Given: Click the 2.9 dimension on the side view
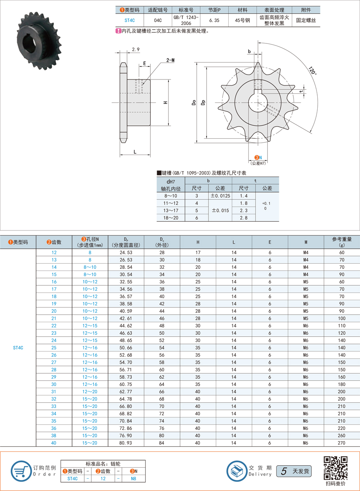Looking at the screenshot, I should (x=136, y=50).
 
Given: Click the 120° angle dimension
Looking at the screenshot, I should (x=312, y=71).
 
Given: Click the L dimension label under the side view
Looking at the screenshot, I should (x=135, y=151).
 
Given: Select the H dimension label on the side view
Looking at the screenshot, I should (x=165, y=103).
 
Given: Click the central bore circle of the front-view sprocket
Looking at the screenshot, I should (x=258, y=103).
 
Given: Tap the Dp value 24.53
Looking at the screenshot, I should (x=126, y=252).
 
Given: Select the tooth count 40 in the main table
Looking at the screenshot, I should (x=54, y=443).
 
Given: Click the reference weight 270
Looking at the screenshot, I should (x=342, y=443).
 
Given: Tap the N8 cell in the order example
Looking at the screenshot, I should (x=135, y=478).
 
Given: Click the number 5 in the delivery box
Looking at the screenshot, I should (x=284, y=471).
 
